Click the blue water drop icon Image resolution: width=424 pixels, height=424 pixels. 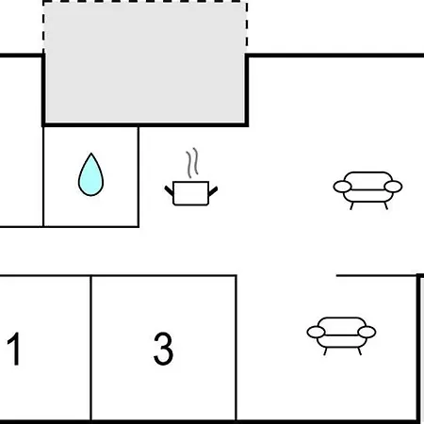click(90, 174)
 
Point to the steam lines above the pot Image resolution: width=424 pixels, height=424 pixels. click(192, 162)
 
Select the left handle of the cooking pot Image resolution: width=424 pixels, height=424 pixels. click(169, 190)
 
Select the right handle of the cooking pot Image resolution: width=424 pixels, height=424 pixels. click(213, 190)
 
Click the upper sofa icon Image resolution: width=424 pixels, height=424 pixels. click(367, 189)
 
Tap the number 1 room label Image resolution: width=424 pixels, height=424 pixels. click(14, 349)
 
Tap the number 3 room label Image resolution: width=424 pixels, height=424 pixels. click(163, 349)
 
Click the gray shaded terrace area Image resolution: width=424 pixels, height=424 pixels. click(145, 63)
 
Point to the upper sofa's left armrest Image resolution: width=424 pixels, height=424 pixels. click(342, 187)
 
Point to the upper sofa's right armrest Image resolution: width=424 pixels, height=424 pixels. click(393, 187)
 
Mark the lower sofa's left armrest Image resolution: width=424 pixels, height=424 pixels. click(316, 332)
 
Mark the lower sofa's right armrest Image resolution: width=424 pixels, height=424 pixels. click(367, 332)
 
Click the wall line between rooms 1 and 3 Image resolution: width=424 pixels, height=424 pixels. click(91, 348)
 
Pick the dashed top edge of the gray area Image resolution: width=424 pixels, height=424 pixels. click(145, 3)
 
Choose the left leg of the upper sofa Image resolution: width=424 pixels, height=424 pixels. click(352, 205)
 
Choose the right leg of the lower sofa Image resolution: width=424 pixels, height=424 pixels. click(359, 351)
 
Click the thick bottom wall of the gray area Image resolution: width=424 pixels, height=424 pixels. click(145, 125)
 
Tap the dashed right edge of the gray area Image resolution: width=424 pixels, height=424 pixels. click(246, 27)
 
